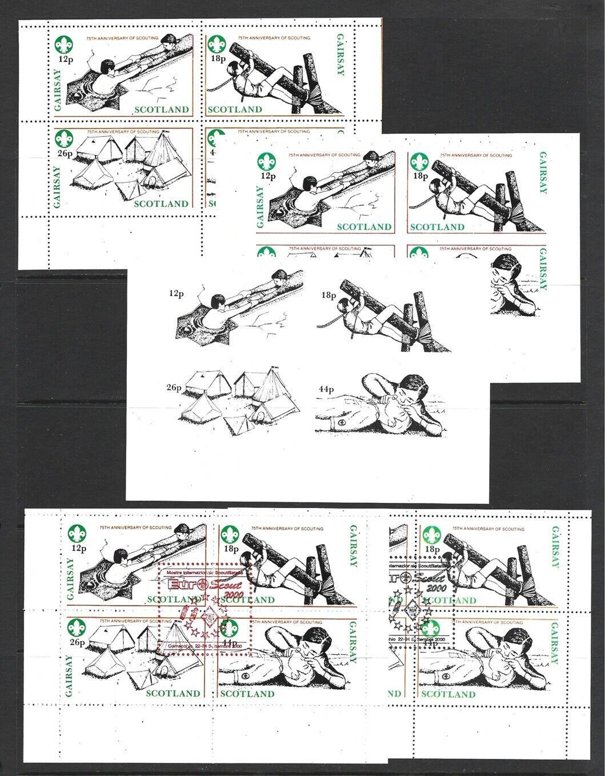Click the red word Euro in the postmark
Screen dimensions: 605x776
tap(182, 583)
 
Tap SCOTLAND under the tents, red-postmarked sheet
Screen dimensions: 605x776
tap(173, 694)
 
